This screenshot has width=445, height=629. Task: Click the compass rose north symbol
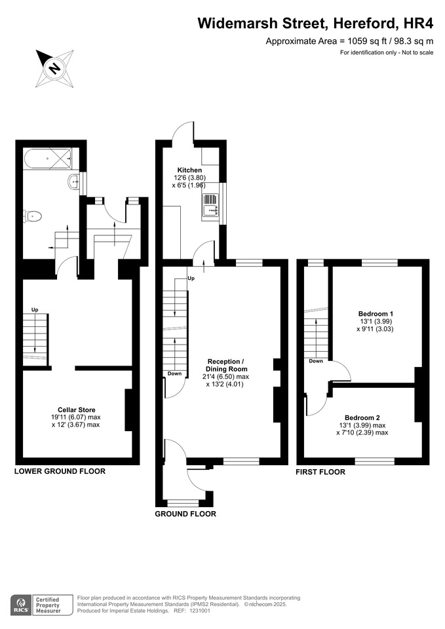(54, 67)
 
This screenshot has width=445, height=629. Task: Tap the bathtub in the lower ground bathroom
(47, 159)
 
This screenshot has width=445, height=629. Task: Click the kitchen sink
(210, 204)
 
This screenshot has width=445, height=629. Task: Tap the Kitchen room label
(189, 170)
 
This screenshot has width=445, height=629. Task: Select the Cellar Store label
(77, 410)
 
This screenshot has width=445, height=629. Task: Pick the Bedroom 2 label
(362, 417)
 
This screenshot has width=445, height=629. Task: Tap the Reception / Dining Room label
(226, 365)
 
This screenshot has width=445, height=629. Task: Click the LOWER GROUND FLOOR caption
(60, 471)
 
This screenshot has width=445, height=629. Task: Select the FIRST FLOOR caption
(320, 472)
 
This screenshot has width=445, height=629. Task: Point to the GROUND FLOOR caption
(185, 514)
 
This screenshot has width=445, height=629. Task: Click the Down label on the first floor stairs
(316, 361)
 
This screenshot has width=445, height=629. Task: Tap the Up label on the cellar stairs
(35, 310)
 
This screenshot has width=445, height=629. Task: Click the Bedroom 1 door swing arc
(345, 368)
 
